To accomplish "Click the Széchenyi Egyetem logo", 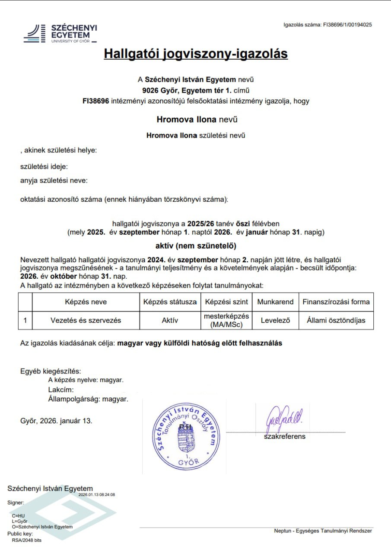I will coord(60,33).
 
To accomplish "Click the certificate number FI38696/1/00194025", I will coord(347,25).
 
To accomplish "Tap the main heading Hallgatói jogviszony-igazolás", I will coord(196,54).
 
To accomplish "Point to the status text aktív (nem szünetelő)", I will coord(196,246).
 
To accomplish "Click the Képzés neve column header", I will coord(86,302).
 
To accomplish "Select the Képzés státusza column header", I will coord(170,302).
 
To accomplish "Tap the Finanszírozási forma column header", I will coord(336,302).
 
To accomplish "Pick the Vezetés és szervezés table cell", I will coord(86,321).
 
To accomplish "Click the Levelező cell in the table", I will coord(275,321).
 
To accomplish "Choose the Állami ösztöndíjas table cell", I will coord(336,321).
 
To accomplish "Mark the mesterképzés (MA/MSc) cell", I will coord(227,321).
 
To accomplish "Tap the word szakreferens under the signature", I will coord(285,437).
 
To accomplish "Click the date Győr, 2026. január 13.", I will coord(56,421).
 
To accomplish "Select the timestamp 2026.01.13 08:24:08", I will coord(97,494).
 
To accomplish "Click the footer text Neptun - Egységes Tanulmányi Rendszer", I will coord(323,531).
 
